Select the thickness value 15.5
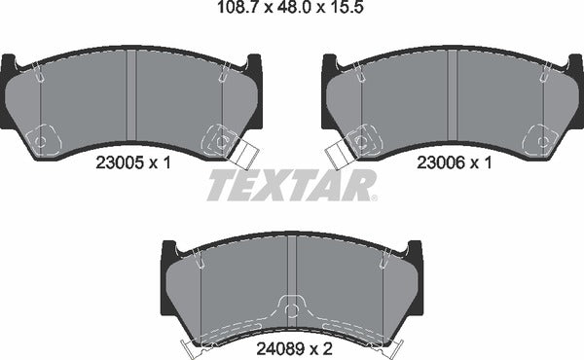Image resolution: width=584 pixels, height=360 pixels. (x=342, y=12)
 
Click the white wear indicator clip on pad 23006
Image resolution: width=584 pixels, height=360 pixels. (x=339, y=153)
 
